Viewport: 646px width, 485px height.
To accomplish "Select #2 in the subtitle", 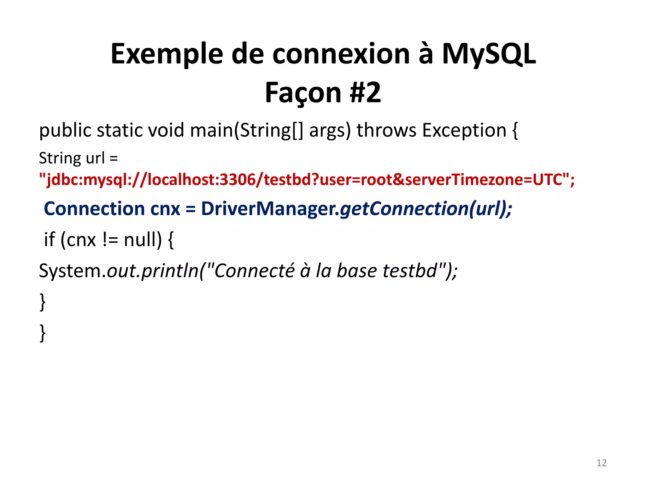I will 365,93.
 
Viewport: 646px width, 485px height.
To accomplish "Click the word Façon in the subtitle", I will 303,93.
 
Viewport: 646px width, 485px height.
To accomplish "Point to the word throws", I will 386,130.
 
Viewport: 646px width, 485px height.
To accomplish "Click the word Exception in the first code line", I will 464,130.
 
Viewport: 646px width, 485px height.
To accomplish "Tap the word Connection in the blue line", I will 94,209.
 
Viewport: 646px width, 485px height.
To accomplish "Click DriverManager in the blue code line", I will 270,209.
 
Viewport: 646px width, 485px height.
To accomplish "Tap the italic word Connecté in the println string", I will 254,271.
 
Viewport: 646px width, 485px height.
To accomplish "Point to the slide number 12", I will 601,463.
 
